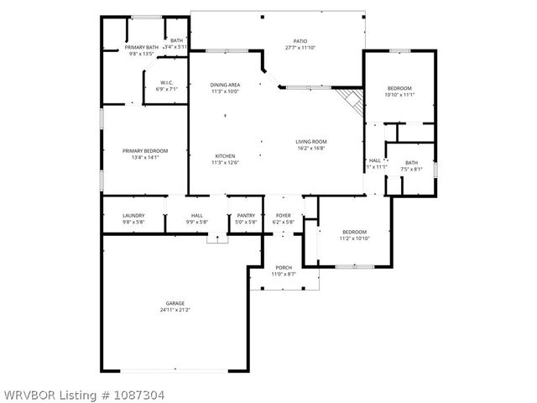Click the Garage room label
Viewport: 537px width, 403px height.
coord(175,303)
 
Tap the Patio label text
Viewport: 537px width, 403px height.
coord(300,41)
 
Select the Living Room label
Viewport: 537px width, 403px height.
coord(310,141)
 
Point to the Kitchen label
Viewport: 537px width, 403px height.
coord(224,155)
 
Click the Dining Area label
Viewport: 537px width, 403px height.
coord(224,85)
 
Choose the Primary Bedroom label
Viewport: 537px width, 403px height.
coord(140,150)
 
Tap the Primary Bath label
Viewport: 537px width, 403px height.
coord(141,47)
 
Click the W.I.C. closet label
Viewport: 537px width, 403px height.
coord(166,82)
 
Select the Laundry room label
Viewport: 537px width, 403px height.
coord(133,216)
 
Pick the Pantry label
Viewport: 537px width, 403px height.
coord(246,216)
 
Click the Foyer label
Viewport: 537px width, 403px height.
coord(284,216)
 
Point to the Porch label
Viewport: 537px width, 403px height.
coord(284,268)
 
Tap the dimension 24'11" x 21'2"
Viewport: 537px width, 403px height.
coord(175,310)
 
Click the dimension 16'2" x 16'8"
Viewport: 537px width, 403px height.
coord(310,148)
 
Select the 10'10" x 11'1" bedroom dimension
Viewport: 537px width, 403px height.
coord(399,95)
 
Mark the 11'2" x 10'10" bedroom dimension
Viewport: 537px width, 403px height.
coord(354,238)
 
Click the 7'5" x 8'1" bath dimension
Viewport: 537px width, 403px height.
coord(411,169)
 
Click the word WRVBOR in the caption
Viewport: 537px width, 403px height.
coord(27,393)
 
